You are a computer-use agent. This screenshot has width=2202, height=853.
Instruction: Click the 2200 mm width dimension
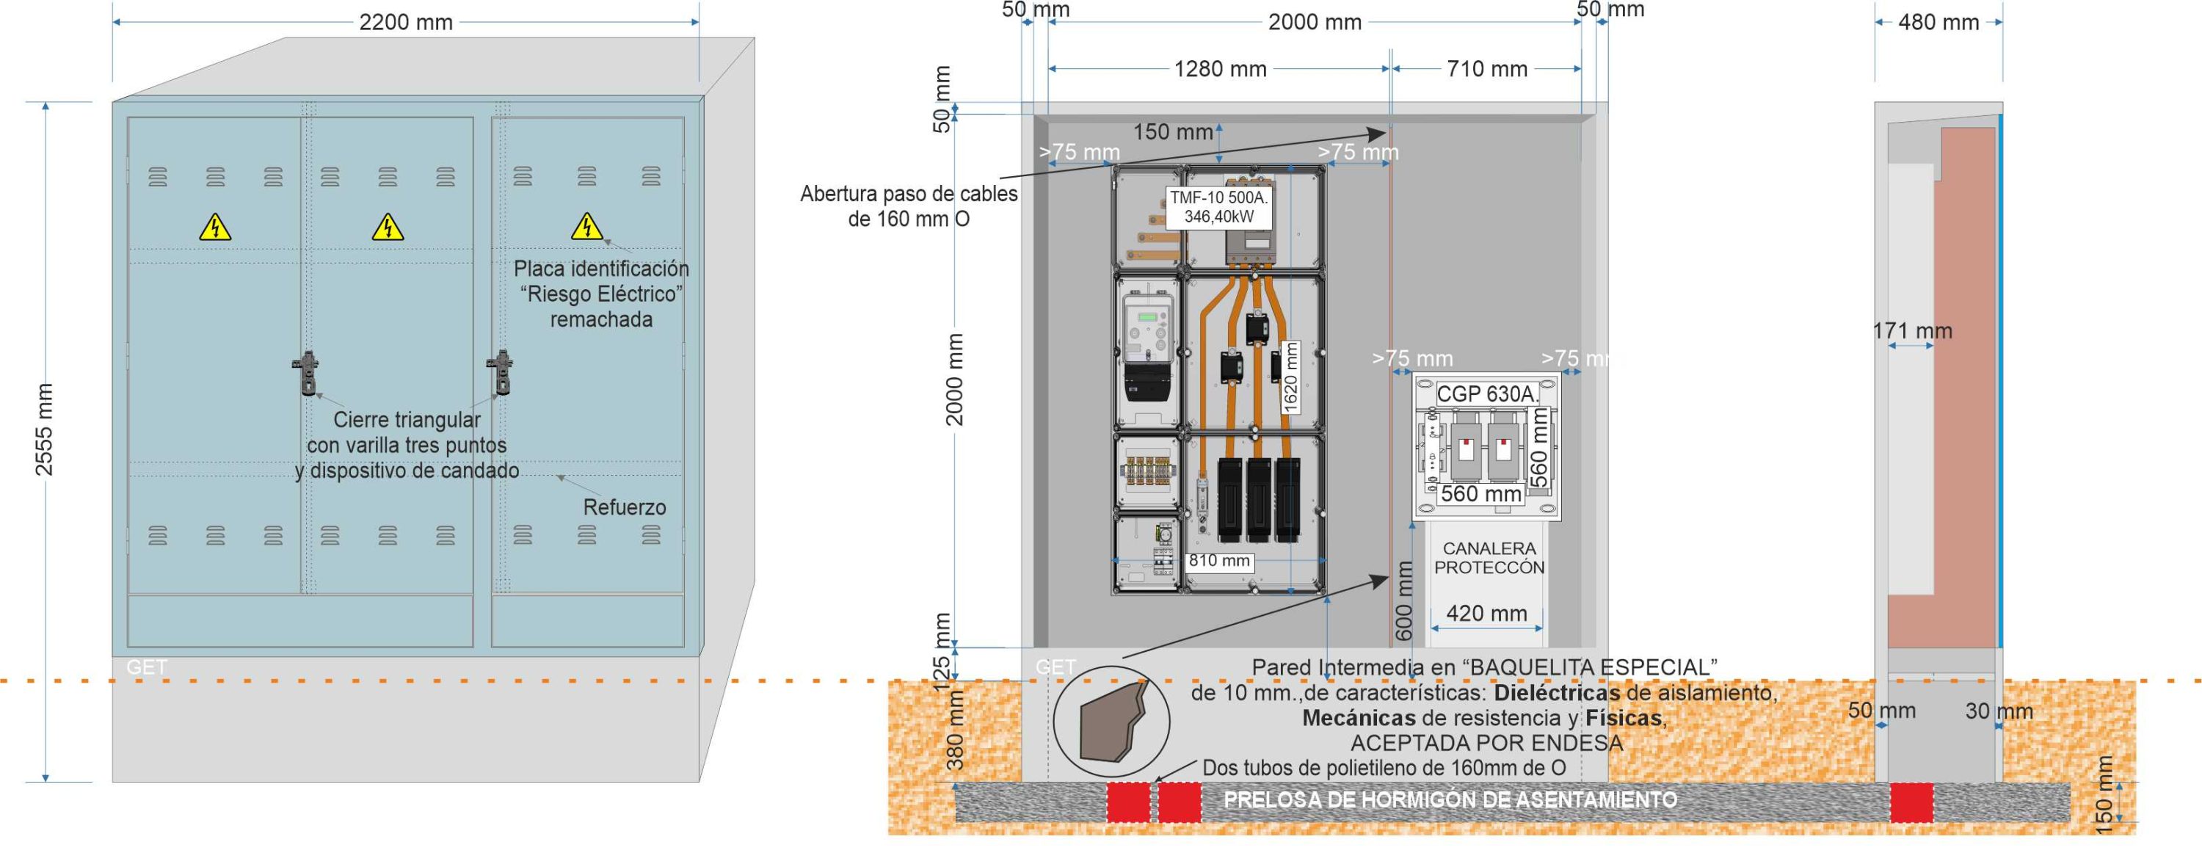[405, 22]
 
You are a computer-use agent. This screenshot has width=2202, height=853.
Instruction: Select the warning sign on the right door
[586, 227]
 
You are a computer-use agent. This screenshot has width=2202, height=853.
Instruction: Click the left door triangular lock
[307, 373]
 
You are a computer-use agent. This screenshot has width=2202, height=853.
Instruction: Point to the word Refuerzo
[624, 507]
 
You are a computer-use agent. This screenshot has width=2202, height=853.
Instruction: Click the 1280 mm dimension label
[1220, 69]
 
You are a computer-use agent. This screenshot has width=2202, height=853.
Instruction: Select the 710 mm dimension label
[1486, 69]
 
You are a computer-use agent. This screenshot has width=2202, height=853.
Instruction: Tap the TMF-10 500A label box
[1219, 207]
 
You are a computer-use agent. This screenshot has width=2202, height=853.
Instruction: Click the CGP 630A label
[1486, 394]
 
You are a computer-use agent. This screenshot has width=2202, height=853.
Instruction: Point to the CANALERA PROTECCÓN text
[1489, 557]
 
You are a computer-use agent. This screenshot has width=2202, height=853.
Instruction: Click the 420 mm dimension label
[1486, 613]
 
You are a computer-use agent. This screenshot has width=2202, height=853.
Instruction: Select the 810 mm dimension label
[1219, 561]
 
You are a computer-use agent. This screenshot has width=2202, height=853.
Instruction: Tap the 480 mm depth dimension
[1938, 22]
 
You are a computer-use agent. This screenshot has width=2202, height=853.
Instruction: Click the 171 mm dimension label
[1912, 331]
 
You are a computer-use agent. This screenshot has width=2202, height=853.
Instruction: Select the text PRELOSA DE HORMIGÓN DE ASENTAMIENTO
[1450, 800]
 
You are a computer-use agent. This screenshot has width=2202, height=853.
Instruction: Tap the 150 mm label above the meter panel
[1173, 132]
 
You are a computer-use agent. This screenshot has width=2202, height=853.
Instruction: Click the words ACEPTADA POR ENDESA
[1486, 743]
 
